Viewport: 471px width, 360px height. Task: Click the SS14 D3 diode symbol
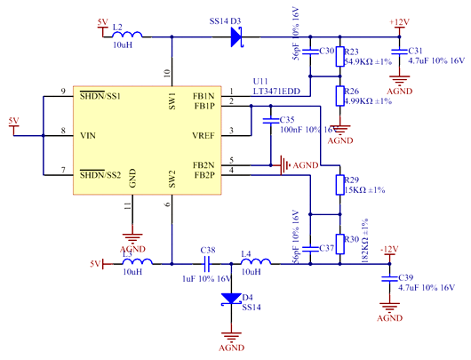237,36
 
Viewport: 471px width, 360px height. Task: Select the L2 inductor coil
125,36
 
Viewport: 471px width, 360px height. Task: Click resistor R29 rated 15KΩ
338,185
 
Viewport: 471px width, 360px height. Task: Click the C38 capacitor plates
207,264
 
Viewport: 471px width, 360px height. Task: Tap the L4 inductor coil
255,263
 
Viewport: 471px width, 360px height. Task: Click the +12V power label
398,20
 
